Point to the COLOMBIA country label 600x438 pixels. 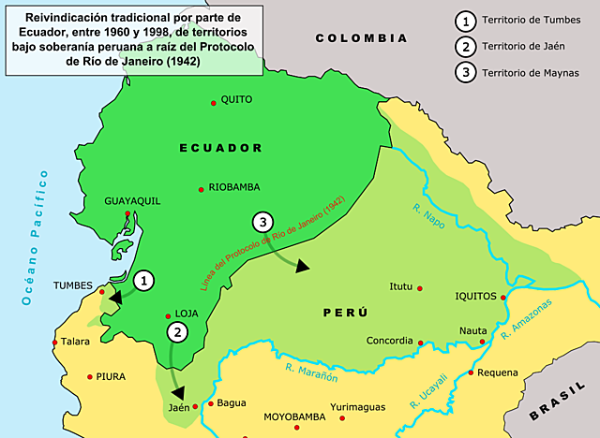pyautogui.click(x=362, y=38)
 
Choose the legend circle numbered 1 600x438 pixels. pyautogui.click(x=462, y=21)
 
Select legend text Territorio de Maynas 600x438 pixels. pyautogui.click(x=531, y=73)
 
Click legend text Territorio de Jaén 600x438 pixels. pyautogui.click(x=525, y=47)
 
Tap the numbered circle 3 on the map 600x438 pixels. pyautogui.click(x=263, y=223)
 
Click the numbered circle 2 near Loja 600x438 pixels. pyautogui.click(x=176, y=331)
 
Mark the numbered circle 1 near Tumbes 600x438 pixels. pyautogui.click(x=142, y=279)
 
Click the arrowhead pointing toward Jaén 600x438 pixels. pyautogui.click(x=177, y=393)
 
